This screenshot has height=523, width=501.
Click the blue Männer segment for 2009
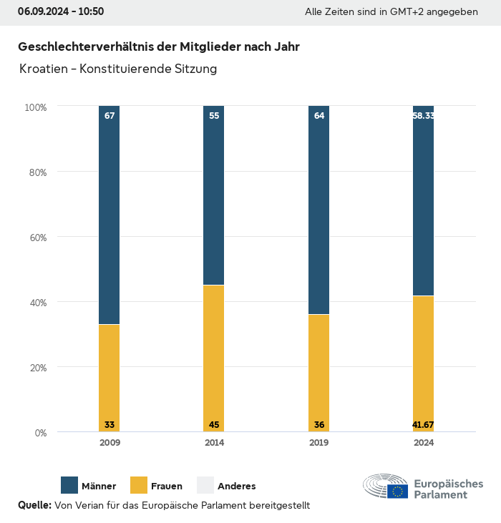pyautogui.click(x=110, y=215)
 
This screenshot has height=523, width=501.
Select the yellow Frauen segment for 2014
pyautogui.click(x=214, y=358)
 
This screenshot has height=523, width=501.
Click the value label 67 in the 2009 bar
pyautogui.click(x=110, y=116)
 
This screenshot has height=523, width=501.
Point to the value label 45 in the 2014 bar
pyautogui.click(x=214, y=425)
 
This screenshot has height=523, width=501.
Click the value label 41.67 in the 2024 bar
pyautogui.click(x=423, y=425)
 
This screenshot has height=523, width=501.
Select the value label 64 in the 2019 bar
pyautogui.click(x=319, y=116)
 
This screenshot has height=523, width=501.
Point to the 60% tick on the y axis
pyautogui.click(x=37, y=238)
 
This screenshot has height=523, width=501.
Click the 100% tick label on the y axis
pyautogui.click(x=35, y=107)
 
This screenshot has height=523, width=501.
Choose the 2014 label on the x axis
pyautogui.click(x=214, y=443)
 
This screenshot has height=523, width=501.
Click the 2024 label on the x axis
pyautogui.click(x=424, y=443)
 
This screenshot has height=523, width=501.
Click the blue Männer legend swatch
pyautogui.click(x=69, y=485)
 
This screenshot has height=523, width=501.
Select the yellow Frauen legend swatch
pyautogui.click(x=138, y=485)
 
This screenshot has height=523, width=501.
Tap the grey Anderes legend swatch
pyautogui.click(x=205, y=485)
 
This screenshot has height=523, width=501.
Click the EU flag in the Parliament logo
pyautogui.click(x=398, y=491)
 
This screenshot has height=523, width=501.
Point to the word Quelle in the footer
pyautogui.click(x=34, y=505)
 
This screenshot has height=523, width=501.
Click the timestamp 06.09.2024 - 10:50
pyautogui.click(x=61, y=11)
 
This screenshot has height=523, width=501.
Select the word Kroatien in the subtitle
pyautogui.click(x=45, y=69)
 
